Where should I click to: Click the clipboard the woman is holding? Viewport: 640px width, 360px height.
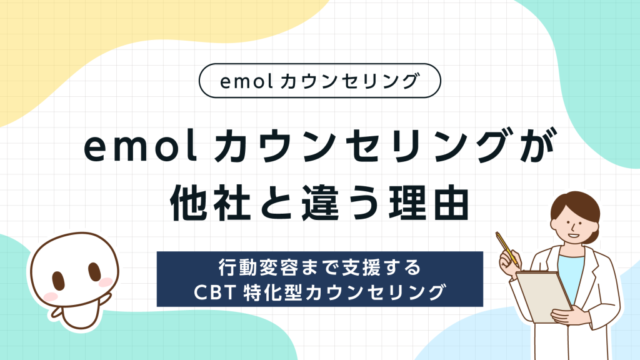click(542, 297)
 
